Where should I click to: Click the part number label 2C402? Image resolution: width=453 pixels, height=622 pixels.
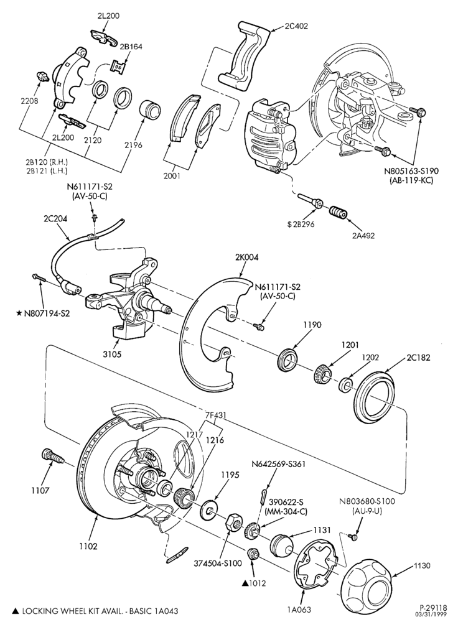296,26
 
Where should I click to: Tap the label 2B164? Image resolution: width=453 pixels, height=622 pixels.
131,47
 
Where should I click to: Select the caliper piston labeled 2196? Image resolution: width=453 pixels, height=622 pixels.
151,109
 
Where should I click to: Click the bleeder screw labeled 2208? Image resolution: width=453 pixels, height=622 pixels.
42,75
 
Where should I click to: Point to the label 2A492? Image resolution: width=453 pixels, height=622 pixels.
363,235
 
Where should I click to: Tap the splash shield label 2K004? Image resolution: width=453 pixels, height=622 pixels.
247,258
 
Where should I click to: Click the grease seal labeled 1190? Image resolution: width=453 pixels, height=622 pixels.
289,360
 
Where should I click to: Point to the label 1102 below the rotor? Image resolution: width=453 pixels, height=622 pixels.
88,546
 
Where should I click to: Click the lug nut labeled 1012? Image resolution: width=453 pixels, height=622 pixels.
252,554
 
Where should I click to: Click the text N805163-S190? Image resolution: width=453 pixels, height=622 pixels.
409,172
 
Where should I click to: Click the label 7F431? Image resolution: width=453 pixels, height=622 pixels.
216,415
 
